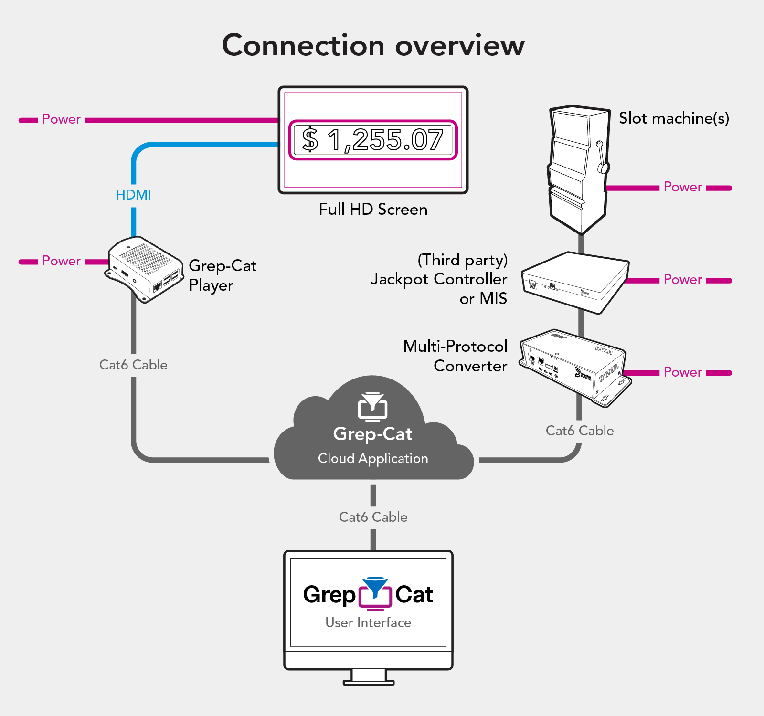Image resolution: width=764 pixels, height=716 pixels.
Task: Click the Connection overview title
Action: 373,46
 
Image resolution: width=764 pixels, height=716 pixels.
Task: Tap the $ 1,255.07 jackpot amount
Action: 373,140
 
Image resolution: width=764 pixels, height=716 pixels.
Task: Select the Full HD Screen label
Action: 373,210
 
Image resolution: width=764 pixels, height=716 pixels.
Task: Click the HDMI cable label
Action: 133,195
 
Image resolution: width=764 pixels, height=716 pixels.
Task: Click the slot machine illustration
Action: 578,167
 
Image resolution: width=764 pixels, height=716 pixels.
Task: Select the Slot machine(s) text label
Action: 674,118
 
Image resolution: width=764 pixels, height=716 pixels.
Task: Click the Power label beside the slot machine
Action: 683,187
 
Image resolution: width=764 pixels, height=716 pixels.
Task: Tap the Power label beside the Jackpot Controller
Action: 683,280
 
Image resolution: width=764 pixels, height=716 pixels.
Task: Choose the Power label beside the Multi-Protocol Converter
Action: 683,372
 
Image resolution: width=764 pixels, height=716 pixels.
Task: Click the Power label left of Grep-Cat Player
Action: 61,261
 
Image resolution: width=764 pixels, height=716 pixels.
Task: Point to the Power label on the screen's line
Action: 61,119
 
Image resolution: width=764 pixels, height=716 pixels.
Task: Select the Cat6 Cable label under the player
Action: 133,365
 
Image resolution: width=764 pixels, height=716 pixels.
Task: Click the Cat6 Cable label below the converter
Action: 580,431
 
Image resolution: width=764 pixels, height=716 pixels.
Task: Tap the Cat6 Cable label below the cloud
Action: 373,517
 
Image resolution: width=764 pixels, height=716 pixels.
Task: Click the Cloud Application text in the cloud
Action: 373,459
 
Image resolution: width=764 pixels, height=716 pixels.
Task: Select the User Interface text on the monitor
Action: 368,623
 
